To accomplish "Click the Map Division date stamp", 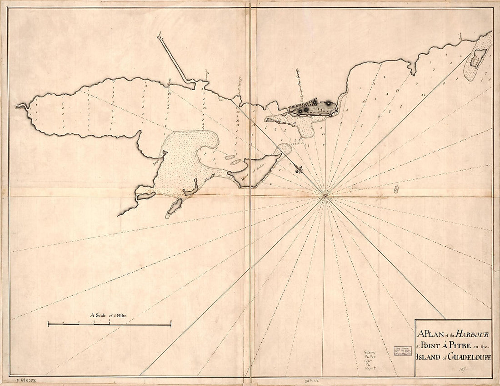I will click(x=403, y=351).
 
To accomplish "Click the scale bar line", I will click(x=109, y=324).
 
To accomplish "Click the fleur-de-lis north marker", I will click(x=300, y=170).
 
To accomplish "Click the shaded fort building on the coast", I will click(x=314, y=108).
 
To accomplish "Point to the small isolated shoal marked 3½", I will click(x=397, y=188).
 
